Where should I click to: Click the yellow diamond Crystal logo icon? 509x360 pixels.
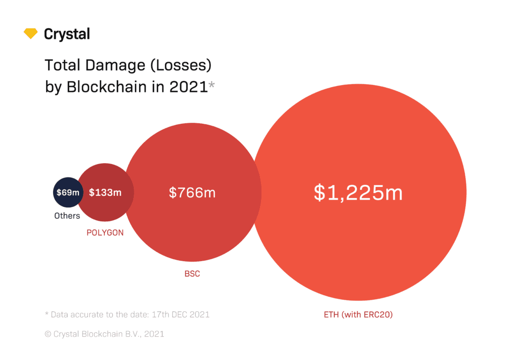31,34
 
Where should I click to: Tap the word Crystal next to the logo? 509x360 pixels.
67,34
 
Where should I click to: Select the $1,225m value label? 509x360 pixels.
358,192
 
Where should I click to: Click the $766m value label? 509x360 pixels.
192,192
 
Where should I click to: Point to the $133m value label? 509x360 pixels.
105,192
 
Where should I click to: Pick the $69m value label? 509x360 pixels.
67,192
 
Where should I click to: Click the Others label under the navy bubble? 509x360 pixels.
67,216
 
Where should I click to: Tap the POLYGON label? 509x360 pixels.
105,233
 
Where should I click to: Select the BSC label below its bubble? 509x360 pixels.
192,274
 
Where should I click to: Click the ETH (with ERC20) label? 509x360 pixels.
358,314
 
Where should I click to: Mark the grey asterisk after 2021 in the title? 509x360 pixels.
212,86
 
